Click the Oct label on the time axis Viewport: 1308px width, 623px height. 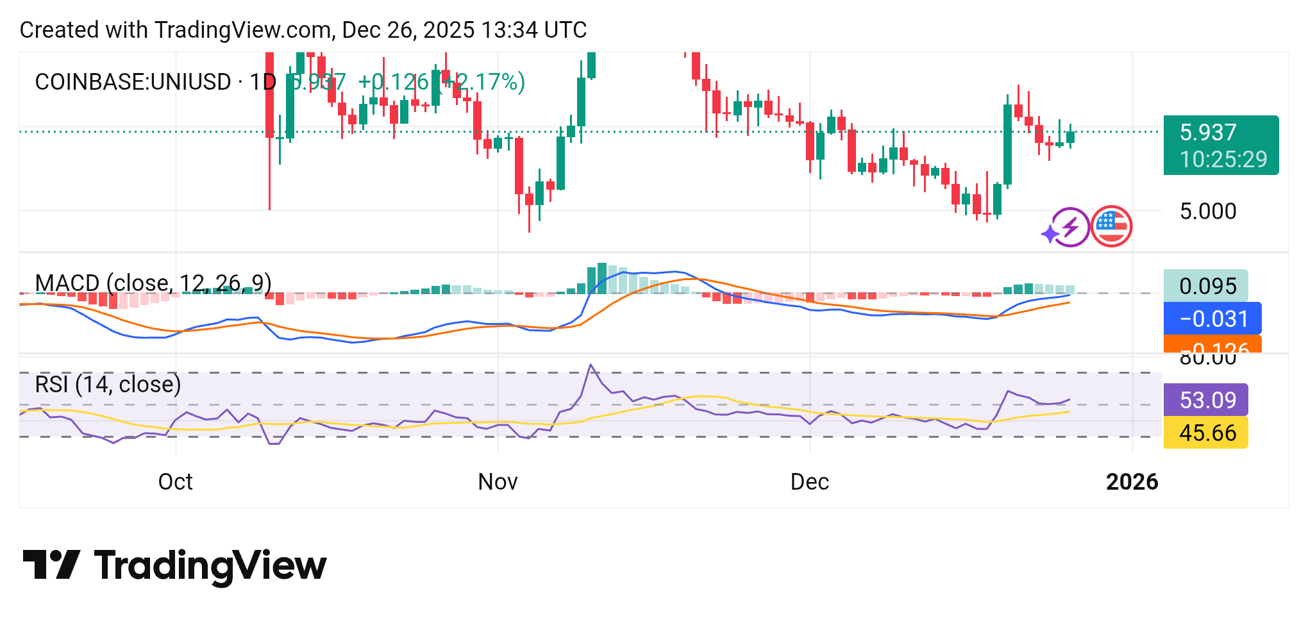tap(175, 481)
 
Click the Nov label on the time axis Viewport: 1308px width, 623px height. tap(498, 481)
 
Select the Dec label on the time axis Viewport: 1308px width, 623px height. tap(809, 481)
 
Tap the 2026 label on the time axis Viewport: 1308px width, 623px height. tap(1132, 481)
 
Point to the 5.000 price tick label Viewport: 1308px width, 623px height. tap(1208, 211)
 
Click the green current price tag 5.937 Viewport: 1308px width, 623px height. tap(1208, 132)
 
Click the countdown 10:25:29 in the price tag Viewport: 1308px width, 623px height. tap(1223, 159)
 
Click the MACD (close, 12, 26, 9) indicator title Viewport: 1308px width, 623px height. tap(153, 283)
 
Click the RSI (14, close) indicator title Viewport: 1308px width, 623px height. tap(108, 384)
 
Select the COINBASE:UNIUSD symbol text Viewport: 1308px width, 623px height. tap(133, 82)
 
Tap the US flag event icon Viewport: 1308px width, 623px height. tap(1111, 226)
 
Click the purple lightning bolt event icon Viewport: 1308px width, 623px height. tap(1069, 227)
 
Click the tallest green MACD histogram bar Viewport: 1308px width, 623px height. tap(601, 278)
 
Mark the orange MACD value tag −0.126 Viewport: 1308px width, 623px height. tap(1212, 345)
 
